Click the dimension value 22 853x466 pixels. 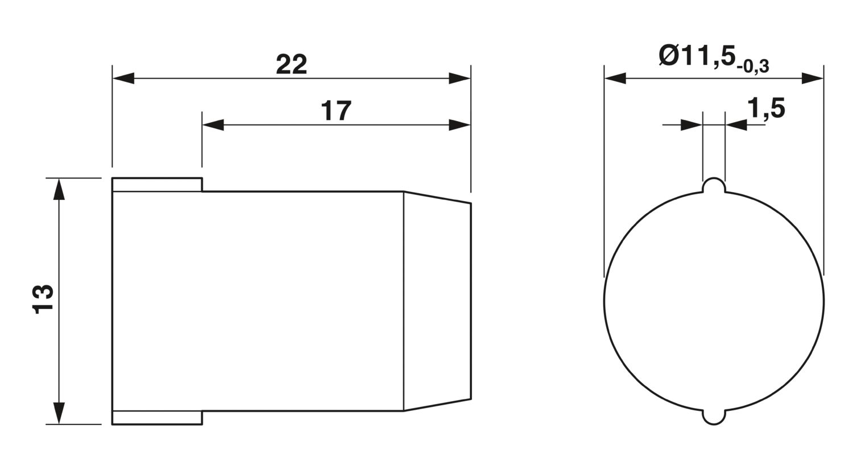pos(291,65)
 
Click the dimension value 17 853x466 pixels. pos(336,111)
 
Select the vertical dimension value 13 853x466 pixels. pos(43,300)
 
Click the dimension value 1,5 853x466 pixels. pos(766,108)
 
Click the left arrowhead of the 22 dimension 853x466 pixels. pos(123,78)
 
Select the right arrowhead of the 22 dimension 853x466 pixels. pos(460,78)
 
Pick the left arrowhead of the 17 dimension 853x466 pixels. pos(213,125)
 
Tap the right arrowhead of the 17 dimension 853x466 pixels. pos(460,125)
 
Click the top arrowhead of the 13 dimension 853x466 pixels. pos(59,189)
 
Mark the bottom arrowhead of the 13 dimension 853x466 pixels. pos(59,413)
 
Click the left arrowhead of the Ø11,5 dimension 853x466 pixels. pos(615,78)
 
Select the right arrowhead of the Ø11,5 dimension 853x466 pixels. pos(813,78)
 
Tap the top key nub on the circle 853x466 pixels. pos(714,186)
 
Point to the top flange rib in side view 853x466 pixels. pos(157,185)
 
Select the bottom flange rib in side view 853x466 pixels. pos(157,417)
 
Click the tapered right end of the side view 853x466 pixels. pos(437,301)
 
